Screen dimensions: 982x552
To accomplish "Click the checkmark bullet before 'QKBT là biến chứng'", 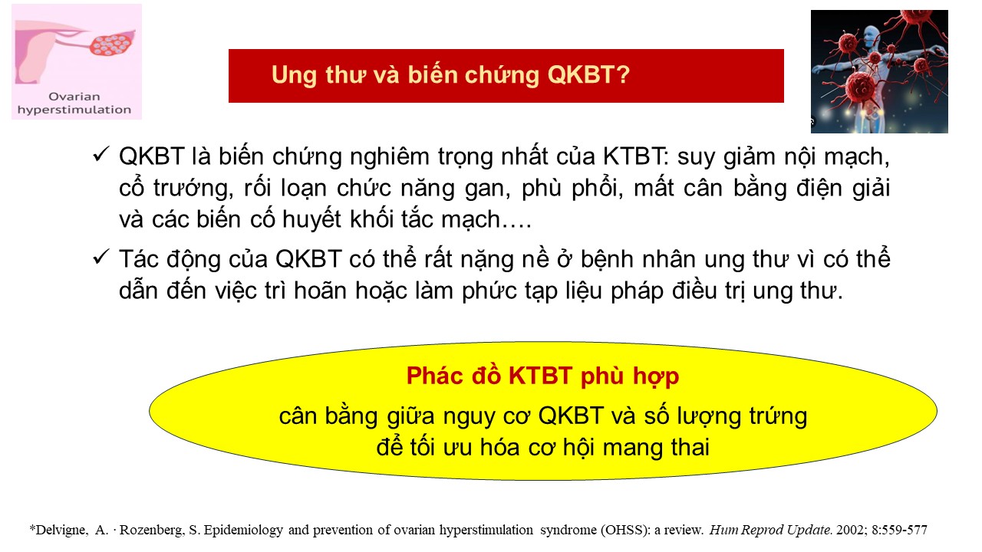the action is (x=101, y=155).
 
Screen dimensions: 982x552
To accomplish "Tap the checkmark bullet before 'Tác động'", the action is (x=101, y=257).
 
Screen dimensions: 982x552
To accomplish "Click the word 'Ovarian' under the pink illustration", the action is (x=74, y=97).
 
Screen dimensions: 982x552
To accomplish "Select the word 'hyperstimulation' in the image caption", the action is (x=74, y=110).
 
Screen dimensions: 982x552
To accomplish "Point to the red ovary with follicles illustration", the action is (x=112, y=44).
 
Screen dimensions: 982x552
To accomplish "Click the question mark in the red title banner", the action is (x=622, y=74).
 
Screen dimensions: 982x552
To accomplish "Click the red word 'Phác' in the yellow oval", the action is (x=434, y=376).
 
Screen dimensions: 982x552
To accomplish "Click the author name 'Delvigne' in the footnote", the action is (x=62, y=530).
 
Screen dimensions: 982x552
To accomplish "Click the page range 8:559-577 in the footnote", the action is (x=899, y=530).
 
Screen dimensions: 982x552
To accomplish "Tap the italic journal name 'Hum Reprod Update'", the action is (x=770, y=530).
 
